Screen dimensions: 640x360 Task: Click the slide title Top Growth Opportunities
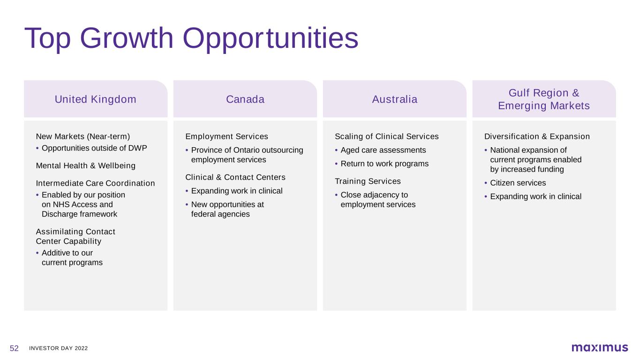pos(191,38)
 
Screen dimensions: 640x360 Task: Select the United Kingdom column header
pos(96,99)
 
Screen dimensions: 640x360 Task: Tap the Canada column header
pos(245,99)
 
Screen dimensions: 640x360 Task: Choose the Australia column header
pos(395,99)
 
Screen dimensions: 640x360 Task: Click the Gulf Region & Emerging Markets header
pos(544,99)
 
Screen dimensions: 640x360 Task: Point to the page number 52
pos(14,348)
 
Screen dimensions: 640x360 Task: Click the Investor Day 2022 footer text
pos(58,348)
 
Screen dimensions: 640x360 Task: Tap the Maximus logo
pos(600,348)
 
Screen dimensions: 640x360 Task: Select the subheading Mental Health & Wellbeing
pos(86,166)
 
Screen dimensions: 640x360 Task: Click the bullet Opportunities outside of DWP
pos(94,148)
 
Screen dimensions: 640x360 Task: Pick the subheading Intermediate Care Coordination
pos(96,183)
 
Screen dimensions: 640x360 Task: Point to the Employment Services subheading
pos(226,136)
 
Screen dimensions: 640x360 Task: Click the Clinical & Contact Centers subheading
pos(235,177)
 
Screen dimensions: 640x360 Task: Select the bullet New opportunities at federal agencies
pos(227,209)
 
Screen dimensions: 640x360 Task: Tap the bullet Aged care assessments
pos(383,150)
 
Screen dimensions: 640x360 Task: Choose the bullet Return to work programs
pos(384,164)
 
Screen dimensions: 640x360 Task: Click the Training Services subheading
pos(368,181)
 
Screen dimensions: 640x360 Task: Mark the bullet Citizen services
pos(518,183)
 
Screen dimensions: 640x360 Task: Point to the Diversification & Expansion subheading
pos(537,136)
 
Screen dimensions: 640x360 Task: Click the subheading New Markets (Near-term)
pos(83,136)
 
